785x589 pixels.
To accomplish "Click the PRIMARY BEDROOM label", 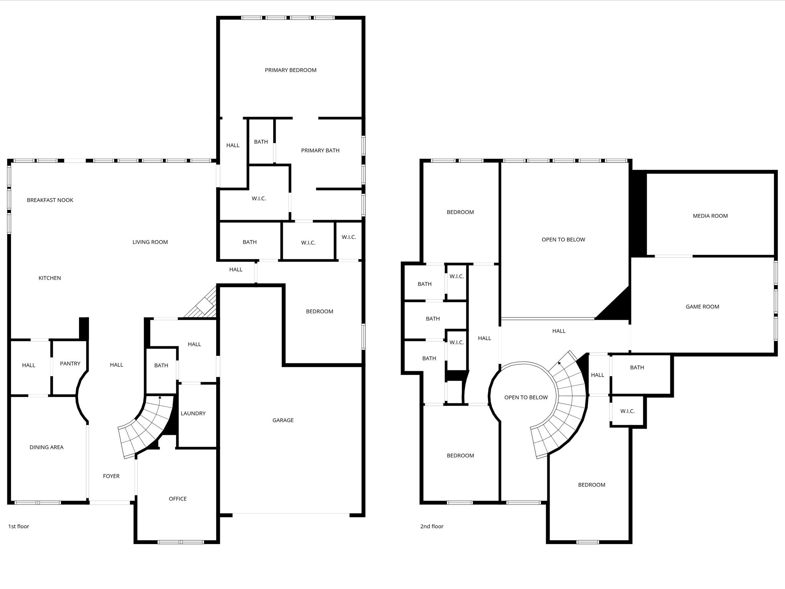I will [291, 70].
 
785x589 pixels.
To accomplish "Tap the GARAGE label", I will [283, 420].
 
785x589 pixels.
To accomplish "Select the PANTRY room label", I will [70, 364].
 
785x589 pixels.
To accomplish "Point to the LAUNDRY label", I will [193, 413].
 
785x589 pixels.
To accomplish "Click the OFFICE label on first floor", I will [177, 499].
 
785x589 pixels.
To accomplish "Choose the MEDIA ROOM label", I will [710, 216].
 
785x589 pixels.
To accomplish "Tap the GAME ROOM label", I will [702, 307].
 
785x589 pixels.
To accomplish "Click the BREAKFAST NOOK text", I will [50, 200].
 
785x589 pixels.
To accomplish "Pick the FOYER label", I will [111, 476].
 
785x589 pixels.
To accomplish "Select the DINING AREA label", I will [46, 447].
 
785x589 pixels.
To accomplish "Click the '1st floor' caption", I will [18, 526].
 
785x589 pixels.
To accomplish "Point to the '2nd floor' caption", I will [432, 526].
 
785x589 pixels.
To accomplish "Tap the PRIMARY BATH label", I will [320, 151].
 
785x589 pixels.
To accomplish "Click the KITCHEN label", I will [49, 278].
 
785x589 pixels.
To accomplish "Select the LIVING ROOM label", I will [150, 242].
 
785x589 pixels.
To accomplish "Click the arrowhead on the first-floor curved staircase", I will [160, 398].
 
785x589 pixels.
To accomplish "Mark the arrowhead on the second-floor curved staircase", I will [560, 362].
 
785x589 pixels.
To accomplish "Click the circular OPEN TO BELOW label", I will [526, 398].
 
